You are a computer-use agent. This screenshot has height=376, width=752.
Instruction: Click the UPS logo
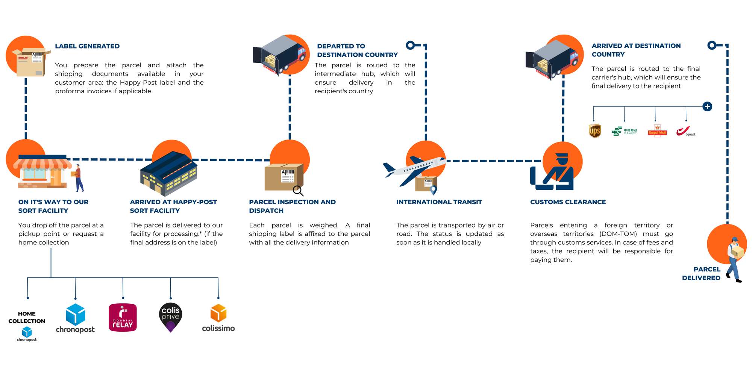(x=594, y=131)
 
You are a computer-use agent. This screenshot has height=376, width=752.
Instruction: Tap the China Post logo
(x=624, y=131)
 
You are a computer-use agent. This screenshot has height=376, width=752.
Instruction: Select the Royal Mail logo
(x=657, y=131)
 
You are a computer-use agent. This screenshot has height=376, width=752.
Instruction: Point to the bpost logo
(x=685, y=131)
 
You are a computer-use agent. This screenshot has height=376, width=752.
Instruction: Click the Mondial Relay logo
(x=123, y=318)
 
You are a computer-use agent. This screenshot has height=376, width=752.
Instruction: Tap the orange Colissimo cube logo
(x=218, y=313)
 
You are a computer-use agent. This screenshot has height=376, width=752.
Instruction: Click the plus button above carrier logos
(x=707, y=106)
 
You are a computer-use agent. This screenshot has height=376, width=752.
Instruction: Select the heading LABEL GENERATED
(x=87, y=46)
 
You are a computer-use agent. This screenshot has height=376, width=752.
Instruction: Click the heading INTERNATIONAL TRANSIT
(x=439, y=202)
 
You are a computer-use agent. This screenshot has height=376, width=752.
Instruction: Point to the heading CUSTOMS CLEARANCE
(x=568, y=202)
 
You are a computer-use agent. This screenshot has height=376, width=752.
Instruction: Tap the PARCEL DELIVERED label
(x=702, y=274)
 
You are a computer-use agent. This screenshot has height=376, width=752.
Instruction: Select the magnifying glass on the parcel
(x=298, y=191)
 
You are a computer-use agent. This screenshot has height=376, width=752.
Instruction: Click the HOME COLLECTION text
(x=27, y=317)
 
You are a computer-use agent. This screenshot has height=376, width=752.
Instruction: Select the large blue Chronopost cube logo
(x=75, y=315)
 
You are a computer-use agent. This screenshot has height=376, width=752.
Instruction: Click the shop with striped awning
(x=42, y=172)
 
